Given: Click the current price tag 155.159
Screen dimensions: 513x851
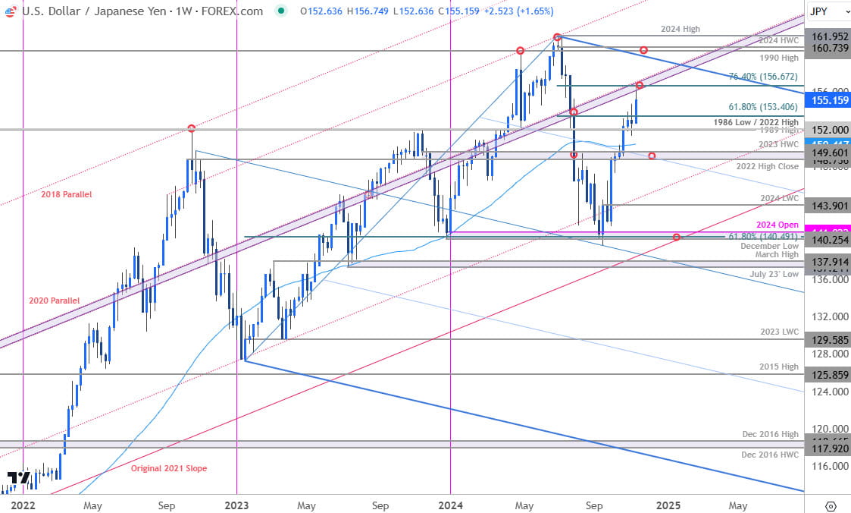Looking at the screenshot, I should tap(827, 99).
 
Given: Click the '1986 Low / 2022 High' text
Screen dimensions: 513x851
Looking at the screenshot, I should tap(756, 121).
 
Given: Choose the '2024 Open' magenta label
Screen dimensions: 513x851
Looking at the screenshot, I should tap(777, 225).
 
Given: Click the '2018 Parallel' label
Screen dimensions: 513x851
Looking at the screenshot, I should tap(66, 194).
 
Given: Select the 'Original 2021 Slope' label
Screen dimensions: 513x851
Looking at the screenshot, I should tap(168, 468).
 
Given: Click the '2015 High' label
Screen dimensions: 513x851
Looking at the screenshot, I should tap(780, 367).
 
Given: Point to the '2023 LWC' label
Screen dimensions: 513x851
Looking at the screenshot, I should tap(780, 332).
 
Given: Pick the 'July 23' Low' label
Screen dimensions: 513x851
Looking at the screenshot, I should tap(775, 273).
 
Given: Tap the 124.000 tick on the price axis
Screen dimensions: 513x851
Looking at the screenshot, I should tap(826, 392).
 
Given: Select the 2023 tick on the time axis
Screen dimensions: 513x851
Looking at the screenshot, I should tap(236, 505).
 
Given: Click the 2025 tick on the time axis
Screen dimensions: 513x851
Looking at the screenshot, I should tap(668, 505).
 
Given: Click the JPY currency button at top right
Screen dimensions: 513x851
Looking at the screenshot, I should tap(826, 11).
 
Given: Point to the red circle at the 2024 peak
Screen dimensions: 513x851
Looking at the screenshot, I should tap(557, 36).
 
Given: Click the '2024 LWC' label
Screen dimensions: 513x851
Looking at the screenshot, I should tap(780, 198).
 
